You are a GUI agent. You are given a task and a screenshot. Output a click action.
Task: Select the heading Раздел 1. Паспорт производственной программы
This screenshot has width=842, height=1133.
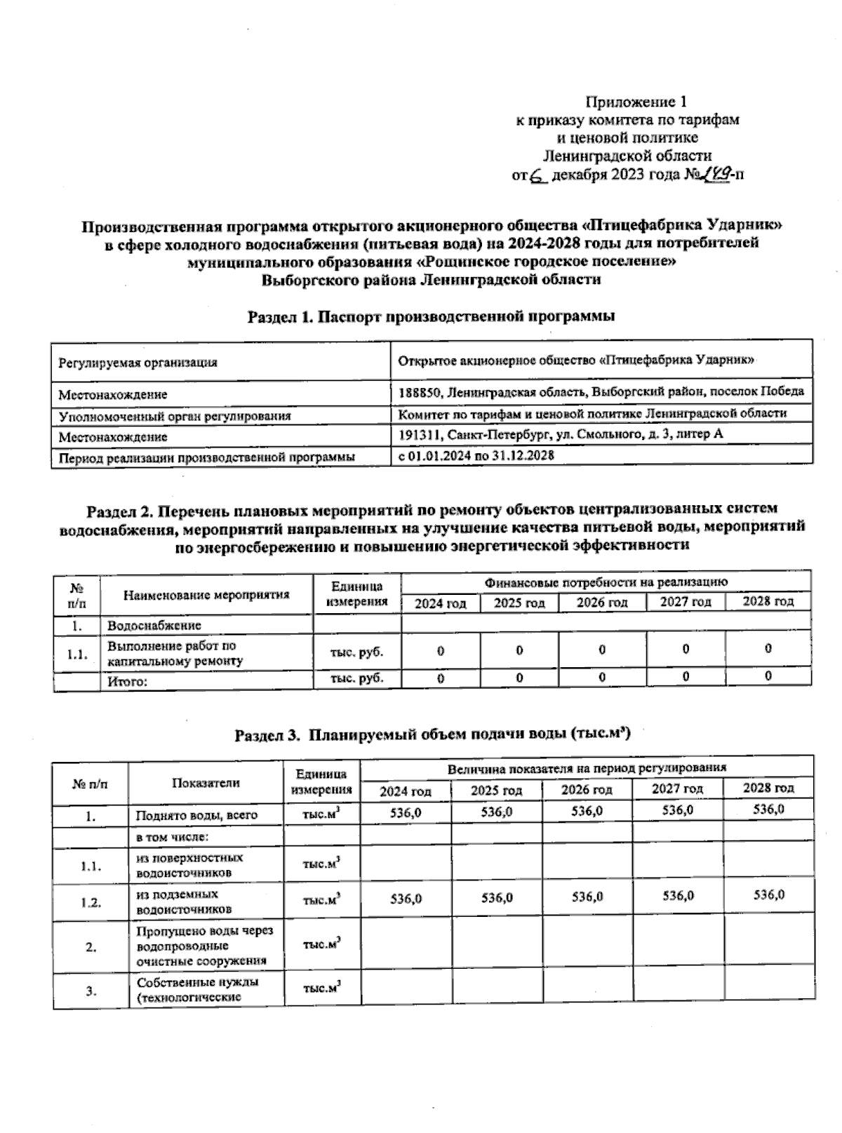(x=432, y=316)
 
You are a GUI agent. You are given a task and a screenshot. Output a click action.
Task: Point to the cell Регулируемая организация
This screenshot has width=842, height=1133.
(x=138, y=363)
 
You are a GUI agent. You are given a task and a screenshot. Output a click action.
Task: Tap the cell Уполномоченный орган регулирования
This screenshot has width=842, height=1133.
(x=175, y=416)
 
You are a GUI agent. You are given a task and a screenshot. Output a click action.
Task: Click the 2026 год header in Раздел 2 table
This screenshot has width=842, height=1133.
(x=602, y=603)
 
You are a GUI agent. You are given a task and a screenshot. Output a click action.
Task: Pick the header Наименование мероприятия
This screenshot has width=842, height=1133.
(x=206, y=595)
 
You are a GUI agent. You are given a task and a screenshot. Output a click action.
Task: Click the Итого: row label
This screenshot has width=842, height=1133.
(x=127, y=681)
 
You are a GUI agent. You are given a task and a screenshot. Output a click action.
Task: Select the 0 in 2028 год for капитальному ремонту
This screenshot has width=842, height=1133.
(x=768, y=649)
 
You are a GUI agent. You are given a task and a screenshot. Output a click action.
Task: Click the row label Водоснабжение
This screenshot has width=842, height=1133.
(x=154, y=625)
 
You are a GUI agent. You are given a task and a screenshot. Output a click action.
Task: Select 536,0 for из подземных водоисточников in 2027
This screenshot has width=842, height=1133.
(x=678, y=896)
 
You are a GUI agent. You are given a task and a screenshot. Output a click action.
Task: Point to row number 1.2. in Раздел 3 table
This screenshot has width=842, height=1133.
(x=91, y=902)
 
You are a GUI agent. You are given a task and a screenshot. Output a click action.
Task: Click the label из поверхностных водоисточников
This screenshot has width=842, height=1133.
(x=189, y=865)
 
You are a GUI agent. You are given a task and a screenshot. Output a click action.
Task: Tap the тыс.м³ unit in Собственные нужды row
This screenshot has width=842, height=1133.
(x=321, y=988)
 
